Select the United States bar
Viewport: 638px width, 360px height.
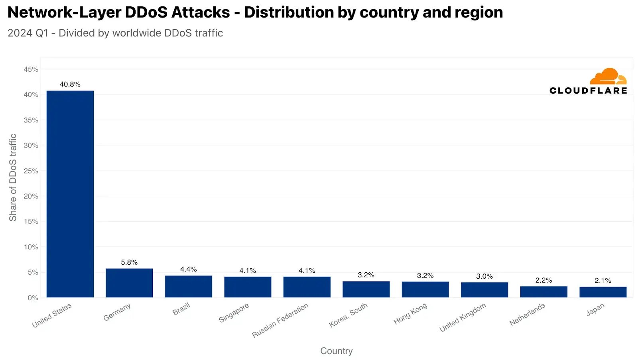click(70, 194)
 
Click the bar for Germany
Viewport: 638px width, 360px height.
click(129, 283)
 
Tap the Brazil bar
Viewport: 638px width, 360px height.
click(188, 286)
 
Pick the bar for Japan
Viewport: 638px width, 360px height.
click(603, 292)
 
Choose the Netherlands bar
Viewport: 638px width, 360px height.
click(543, 291)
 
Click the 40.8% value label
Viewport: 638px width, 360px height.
click(70, 84)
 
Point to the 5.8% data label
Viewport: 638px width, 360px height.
click(129, 262)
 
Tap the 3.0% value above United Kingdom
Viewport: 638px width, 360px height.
click(484, 276)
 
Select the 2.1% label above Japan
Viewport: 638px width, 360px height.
click(603, 281)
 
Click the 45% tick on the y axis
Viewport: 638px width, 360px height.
click(31, 69)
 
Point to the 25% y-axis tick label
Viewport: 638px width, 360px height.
click(31, 171)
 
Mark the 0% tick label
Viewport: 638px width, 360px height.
click(33, 298)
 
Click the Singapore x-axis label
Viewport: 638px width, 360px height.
click(234, 313)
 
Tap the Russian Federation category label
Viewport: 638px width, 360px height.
click(280, 320)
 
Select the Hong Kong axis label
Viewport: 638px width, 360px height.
click(410, 313)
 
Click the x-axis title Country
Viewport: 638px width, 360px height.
click(337, 351)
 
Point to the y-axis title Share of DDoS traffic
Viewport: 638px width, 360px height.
click(13, 177)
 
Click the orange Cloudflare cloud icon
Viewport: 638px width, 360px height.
click(608, 76)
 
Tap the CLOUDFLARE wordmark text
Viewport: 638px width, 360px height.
click(588, 90)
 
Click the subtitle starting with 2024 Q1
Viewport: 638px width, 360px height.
click(115, 33)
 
